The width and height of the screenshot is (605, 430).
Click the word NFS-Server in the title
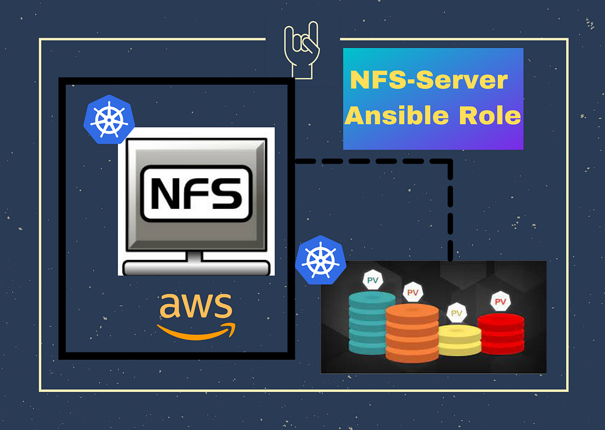coord(429,80)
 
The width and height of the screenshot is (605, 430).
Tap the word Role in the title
coord(489,116)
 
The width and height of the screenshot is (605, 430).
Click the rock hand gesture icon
coord(302,50)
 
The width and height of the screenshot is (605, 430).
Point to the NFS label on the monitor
coord(197,194)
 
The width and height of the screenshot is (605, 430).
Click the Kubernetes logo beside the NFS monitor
coord(109,119)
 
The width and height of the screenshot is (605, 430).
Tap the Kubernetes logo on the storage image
coord(321,260)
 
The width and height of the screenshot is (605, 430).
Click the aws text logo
coord(196,306)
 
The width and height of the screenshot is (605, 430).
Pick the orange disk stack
coord(412,333)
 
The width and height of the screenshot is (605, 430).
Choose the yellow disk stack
coord(460,340)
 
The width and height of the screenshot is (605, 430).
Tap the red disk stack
coord(501,334)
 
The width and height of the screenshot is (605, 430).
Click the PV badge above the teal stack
coord(373,280)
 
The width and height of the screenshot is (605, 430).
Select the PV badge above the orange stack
coord(413,293)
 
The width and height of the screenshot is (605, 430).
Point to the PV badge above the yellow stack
coord(457,313)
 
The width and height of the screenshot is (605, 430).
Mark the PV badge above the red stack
coord(500,302)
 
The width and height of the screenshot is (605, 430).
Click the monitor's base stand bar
coord(196,268)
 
